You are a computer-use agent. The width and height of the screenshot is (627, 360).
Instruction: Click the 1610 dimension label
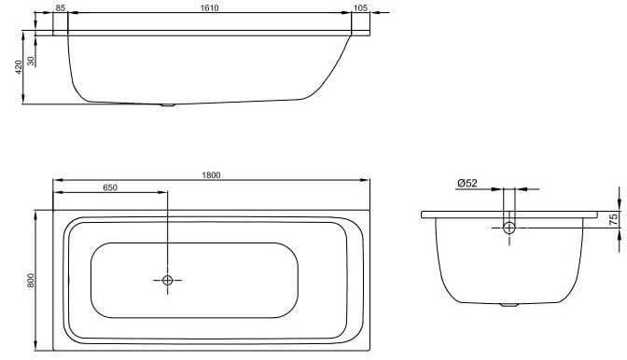pyautogui.click(x=209, y=8)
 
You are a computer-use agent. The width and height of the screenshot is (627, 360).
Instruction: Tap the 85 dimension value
pyautogui.click(x=60, y=8)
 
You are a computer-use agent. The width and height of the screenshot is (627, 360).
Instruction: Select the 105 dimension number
pyautogui.click(x=361, y=8)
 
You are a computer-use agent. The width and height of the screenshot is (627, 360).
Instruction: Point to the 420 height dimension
pyautogui.click(x=19, y=67)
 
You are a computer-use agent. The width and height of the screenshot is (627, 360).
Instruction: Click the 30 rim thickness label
pyautogui.click(x=31, y=61)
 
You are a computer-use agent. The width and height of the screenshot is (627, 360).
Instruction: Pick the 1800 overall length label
pyautogui.click(x=211, y=175)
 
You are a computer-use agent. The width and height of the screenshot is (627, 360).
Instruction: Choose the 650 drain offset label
pyautogui.click(x=110, y=187)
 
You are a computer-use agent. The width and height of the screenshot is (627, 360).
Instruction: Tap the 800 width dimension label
pyautogui.click(x=31, y=281)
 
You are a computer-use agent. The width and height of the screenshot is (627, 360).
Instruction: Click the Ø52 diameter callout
pyautogui.click(x=467, y=183)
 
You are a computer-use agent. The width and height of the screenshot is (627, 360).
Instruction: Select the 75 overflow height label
pyautogui.click(x=613, y=219)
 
